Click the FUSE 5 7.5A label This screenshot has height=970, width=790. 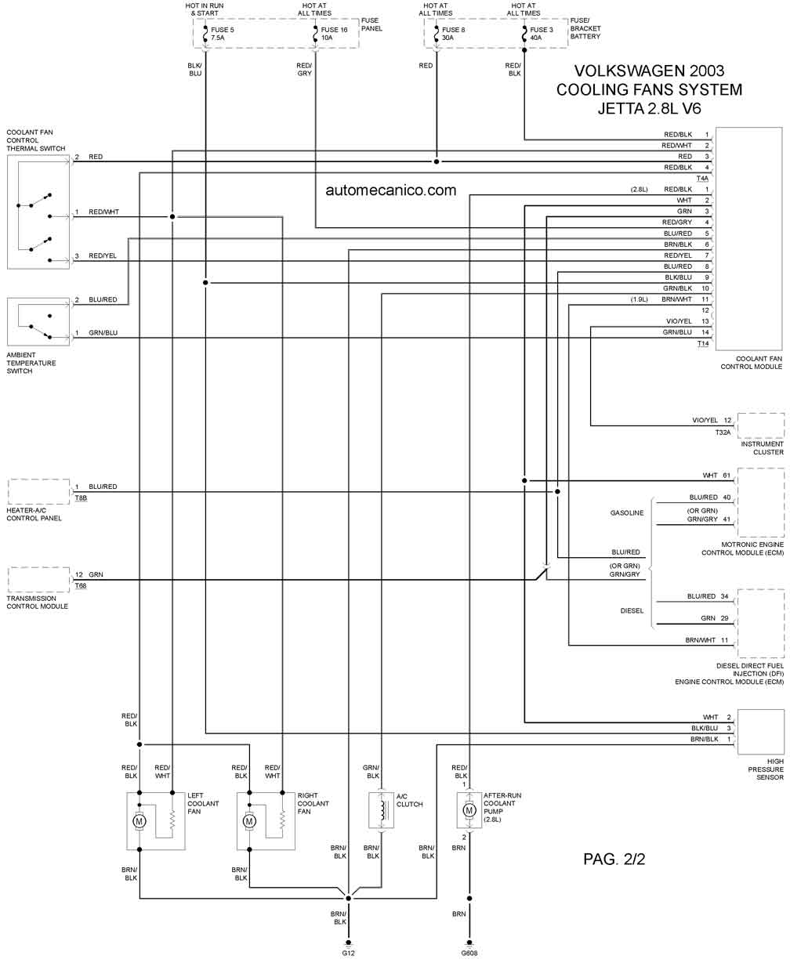222,34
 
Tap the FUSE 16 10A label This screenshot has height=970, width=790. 334,34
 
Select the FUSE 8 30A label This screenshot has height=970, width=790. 453,34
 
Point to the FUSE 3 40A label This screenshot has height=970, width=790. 542,34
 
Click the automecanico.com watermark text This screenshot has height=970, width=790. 390,190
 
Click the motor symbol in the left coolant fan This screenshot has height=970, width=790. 140,821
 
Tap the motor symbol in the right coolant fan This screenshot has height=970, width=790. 249,821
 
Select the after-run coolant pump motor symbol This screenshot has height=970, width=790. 469,810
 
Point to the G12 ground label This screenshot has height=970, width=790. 348,953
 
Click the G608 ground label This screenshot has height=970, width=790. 469,953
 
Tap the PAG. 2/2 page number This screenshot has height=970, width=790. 614,859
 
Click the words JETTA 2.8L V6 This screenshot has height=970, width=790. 649,108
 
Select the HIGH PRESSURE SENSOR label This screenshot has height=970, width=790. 766,769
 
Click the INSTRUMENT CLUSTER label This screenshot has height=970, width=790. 762,448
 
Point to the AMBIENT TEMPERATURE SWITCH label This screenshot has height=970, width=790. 31,363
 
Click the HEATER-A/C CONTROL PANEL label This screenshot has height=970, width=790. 34,514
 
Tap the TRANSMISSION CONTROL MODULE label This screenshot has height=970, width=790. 37,602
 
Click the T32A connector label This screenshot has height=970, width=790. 723,433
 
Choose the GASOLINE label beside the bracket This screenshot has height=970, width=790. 627,512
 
